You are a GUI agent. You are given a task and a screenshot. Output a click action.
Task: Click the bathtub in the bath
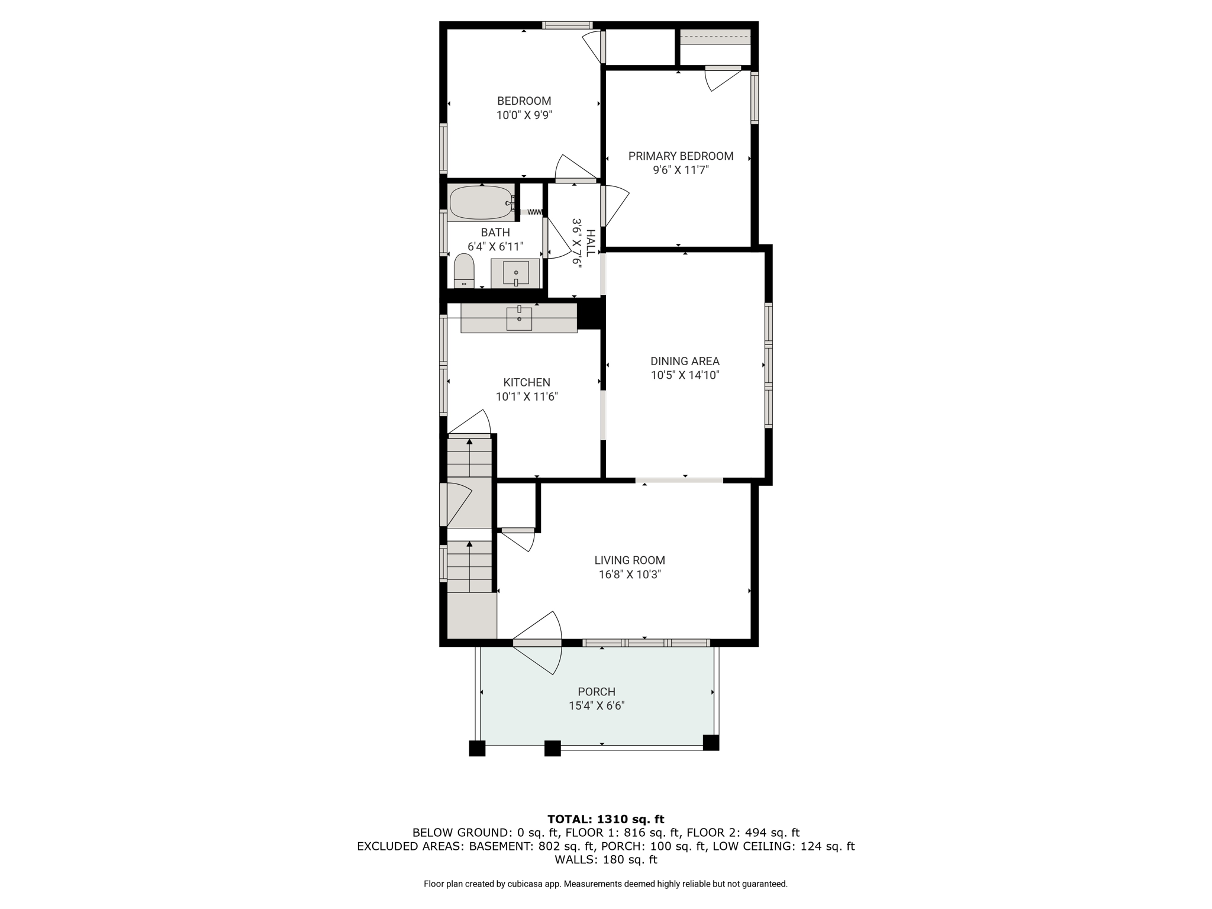481,203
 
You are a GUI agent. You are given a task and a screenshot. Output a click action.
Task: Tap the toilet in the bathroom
464,271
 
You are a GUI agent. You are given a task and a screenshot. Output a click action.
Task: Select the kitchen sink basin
519,318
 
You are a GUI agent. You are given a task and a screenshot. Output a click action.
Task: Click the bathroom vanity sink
516,273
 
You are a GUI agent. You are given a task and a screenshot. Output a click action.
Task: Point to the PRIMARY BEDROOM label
681,156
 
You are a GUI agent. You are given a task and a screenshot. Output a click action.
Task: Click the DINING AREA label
685,361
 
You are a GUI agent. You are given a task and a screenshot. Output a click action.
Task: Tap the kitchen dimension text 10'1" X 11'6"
527,397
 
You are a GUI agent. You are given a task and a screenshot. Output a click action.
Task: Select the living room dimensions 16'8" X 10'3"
630,574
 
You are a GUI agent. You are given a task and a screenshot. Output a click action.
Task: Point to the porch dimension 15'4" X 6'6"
597,705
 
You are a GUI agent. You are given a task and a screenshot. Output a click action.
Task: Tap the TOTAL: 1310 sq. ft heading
605,819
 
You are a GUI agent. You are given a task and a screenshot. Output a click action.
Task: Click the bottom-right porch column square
711,742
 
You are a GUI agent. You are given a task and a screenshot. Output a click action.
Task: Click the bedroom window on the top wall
568,25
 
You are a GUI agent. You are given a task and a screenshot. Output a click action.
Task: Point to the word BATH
495,233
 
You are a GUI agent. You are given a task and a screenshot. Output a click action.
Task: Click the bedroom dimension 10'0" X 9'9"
524,115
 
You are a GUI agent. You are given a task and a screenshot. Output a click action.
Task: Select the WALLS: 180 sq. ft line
605,859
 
